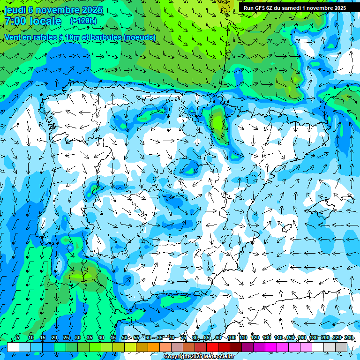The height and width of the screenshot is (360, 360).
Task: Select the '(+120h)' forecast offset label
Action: [83, 21]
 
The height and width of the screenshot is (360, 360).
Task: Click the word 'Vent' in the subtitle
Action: [14, 37]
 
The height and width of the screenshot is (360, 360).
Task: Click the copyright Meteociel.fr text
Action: [199, 357]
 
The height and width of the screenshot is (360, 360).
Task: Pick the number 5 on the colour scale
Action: [18, 338]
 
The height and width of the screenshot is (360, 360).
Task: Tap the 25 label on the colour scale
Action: [66, 338]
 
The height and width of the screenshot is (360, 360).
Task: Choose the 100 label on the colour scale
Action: [231, 338]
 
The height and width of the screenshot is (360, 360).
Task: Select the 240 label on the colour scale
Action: [349, 338]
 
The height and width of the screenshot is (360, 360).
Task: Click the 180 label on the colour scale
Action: [314, 338]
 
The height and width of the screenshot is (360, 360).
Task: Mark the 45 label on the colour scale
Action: [113, 338]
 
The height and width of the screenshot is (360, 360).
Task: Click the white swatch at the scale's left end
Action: [13, 347]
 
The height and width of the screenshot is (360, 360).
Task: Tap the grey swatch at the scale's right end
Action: [341, 347]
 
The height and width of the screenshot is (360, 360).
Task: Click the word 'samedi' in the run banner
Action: [291, 7]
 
